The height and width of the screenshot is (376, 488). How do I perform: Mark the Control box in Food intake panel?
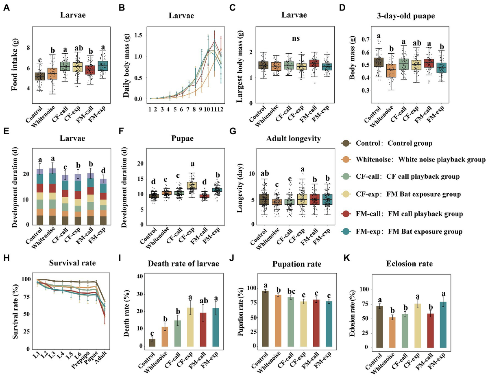39,76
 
